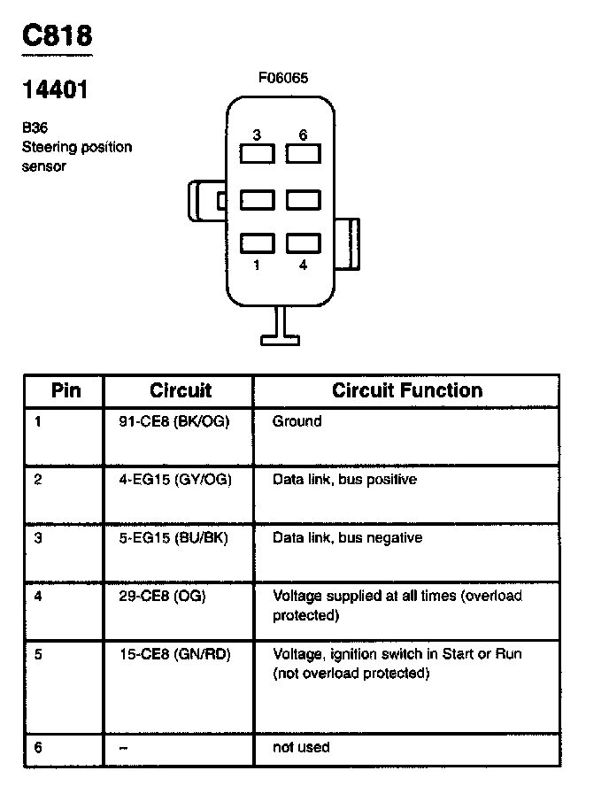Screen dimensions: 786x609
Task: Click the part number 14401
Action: [x=55, y=89]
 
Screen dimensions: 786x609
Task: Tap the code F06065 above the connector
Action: [x=283, y=79]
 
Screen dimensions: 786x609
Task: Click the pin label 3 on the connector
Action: [x=257, y=135]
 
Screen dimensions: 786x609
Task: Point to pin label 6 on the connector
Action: [x=303, y=135]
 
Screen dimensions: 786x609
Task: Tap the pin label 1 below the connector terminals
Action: [x=257, y=265]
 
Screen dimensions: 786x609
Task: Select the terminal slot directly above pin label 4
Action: [x=303, y=243]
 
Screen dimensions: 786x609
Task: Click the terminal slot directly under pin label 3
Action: [x=257, y=154]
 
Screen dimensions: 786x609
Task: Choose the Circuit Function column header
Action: [x=407, y=390]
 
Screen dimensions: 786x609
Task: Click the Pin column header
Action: [x=66, y=390]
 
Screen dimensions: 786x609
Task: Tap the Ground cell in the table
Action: [x=297, y=421]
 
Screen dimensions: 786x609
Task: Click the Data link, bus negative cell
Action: [x=347, y=538]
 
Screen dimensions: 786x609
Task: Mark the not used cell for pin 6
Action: [x=301, y=747]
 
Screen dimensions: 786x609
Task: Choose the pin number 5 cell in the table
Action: [x=38, y=654]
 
